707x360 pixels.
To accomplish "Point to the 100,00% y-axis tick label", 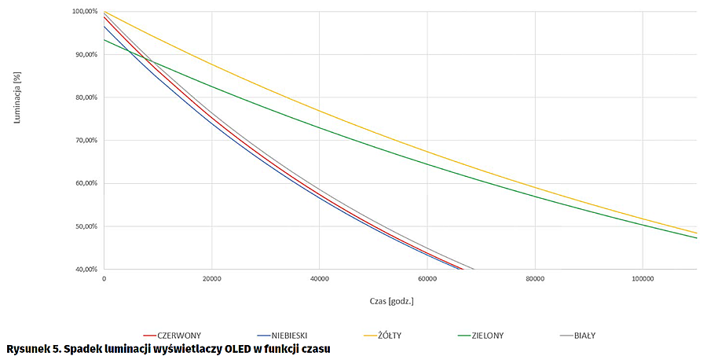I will [x=82, y=12].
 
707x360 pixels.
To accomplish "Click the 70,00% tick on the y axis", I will [x=84, y=141].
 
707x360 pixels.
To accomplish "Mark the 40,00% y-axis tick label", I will [x=84, y=270].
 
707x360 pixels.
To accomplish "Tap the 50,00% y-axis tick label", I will [x=84, y=226].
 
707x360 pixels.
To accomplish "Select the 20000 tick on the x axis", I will [x=211, y=278].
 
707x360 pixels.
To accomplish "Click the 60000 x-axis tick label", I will [x=427, y=278].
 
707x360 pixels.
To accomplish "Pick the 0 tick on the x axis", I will [x=104, y=278].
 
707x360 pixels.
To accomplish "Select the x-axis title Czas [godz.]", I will [x=390, y=301].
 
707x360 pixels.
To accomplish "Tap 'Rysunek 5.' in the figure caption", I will [x=32, y=348].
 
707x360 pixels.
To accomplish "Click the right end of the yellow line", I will [x=696, y=233].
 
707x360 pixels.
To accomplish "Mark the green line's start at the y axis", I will [x=104, y=40].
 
